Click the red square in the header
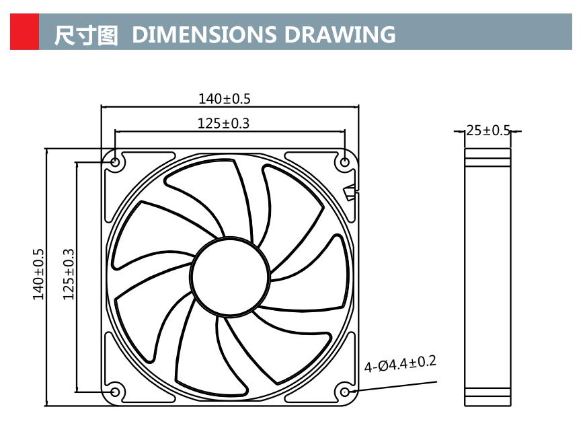pyautogui.click(x=24, y=32)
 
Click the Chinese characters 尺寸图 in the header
pyautogui.click(x=86, y=34)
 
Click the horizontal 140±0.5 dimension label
pyautogui.click(x=224, y=99)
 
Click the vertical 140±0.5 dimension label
pyautogui.click(x=38, y=274)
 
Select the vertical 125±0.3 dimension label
pyautogui.click(x=68, y=274)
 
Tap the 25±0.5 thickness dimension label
pyautogui.click(x=488, y=131)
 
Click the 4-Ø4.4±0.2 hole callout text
pyautogui.click(x=400, y=364)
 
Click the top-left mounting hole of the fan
pyautogui.click(x=115, y=162)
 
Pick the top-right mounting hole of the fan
pyautogui.click(x=345, y=162)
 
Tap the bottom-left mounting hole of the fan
pyautogui.click(x=115, y=392)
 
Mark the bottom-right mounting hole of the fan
pyautogui.click(x=345, y=392)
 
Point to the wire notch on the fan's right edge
pyautogui.click(x=350, y=193)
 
